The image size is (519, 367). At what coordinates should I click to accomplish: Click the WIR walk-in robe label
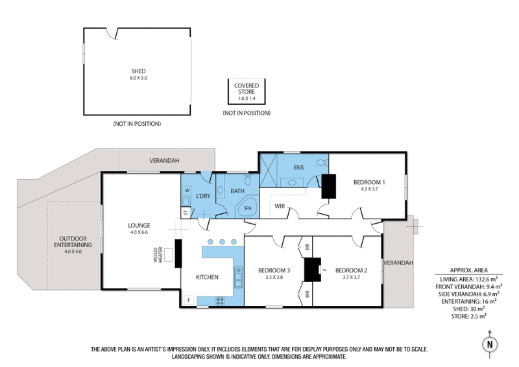tap(280, 206)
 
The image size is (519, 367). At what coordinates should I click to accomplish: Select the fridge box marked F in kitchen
tap(188, 300)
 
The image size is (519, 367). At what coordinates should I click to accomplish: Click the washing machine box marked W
tap(186, 190)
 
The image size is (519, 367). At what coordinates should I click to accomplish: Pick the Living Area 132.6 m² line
tap(469, 278)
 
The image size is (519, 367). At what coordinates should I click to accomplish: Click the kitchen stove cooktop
tap(220, 300)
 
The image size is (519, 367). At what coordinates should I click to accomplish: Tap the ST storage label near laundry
tap(186, 212)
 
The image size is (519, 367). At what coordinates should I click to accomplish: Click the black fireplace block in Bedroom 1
tap(329, 186)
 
